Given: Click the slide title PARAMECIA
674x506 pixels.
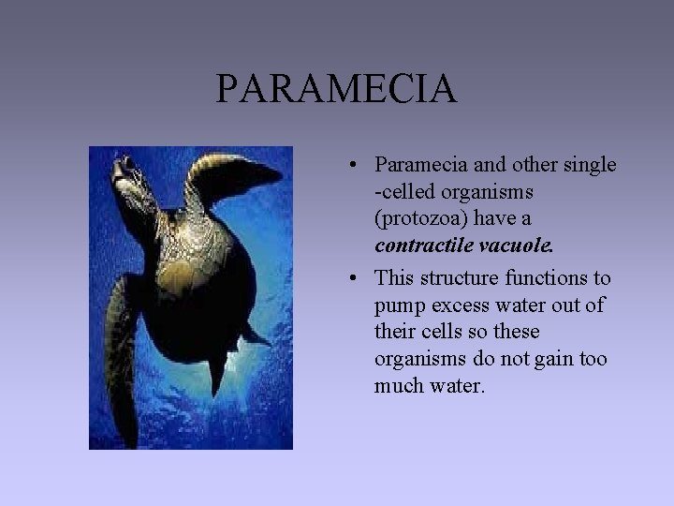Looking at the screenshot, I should coord(336,90).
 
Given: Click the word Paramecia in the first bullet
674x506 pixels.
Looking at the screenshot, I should coord(412,165).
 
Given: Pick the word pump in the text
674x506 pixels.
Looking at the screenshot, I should coord(397,305).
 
